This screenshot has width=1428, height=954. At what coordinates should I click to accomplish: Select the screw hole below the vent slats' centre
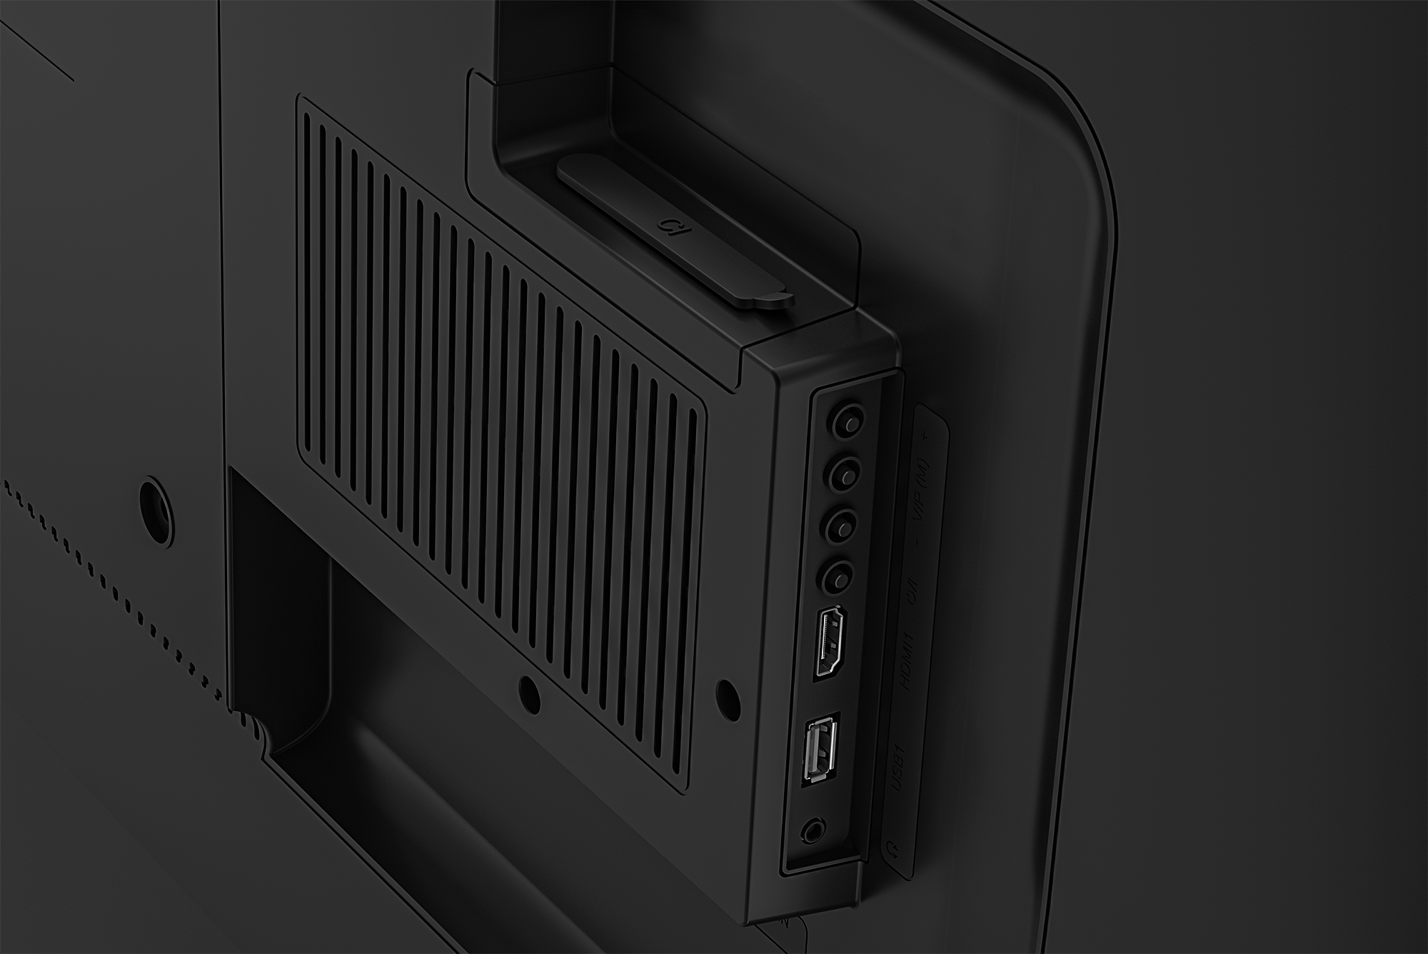click(528, 691)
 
